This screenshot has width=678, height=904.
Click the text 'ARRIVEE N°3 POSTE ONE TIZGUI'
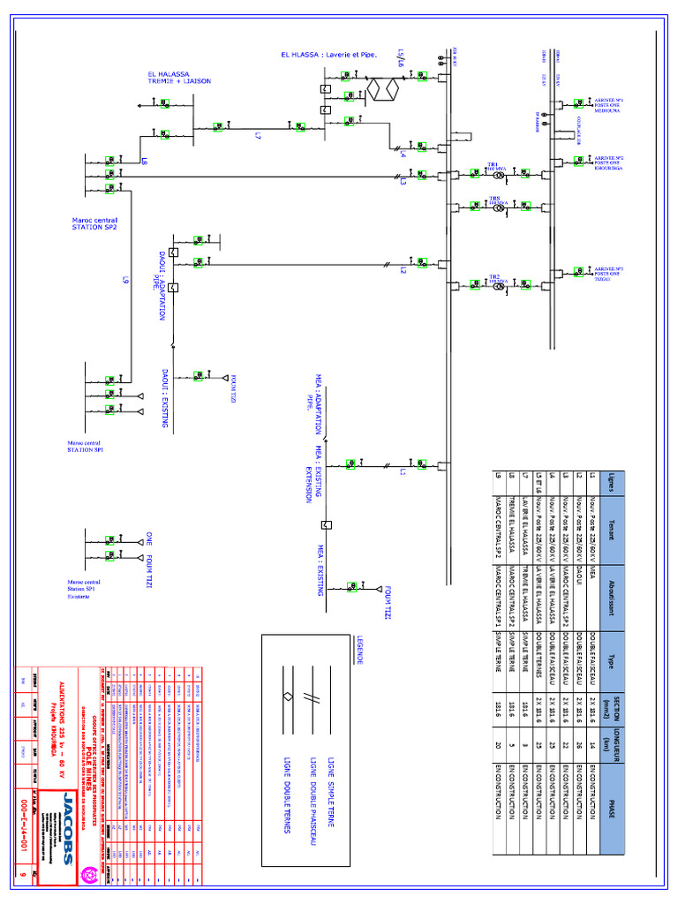coord(609,273)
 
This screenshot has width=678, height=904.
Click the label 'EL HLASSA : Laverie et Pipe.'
coord(329,55)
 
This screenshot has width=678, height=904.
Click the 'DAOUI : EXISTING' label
coord(165,399)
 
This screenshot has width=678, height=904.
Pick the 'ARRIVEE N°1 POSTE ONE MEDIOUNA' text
coord(609,105)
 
